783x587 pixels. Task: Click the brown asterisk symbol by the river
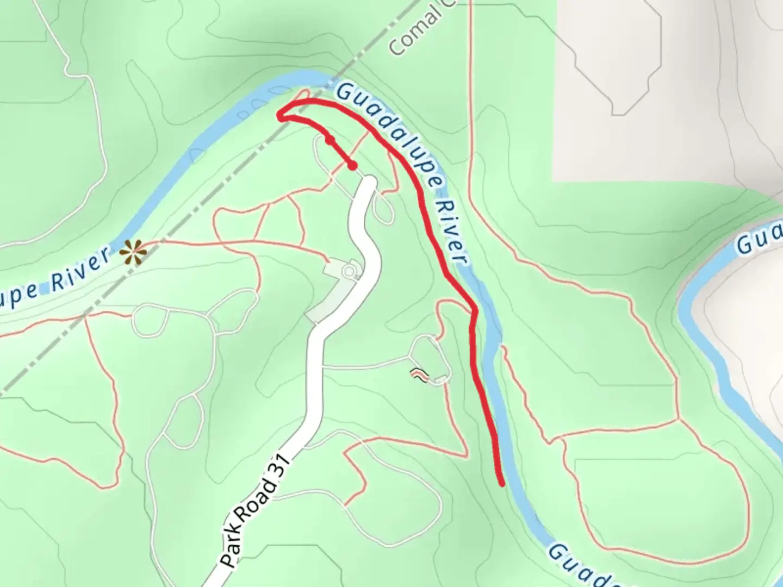point(133,252)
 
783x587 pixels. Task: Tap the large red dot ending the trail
point(353,165)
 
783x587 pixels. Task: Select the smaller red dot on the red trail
point(330,140)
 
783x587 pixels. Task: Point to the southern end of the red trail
point(501,483)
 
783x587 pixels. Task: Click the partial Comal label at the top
point(413,33)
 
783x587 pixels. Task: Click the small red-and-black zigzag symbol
point(418,374)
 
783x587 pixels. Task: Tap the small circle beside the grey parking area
point(350,270)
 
